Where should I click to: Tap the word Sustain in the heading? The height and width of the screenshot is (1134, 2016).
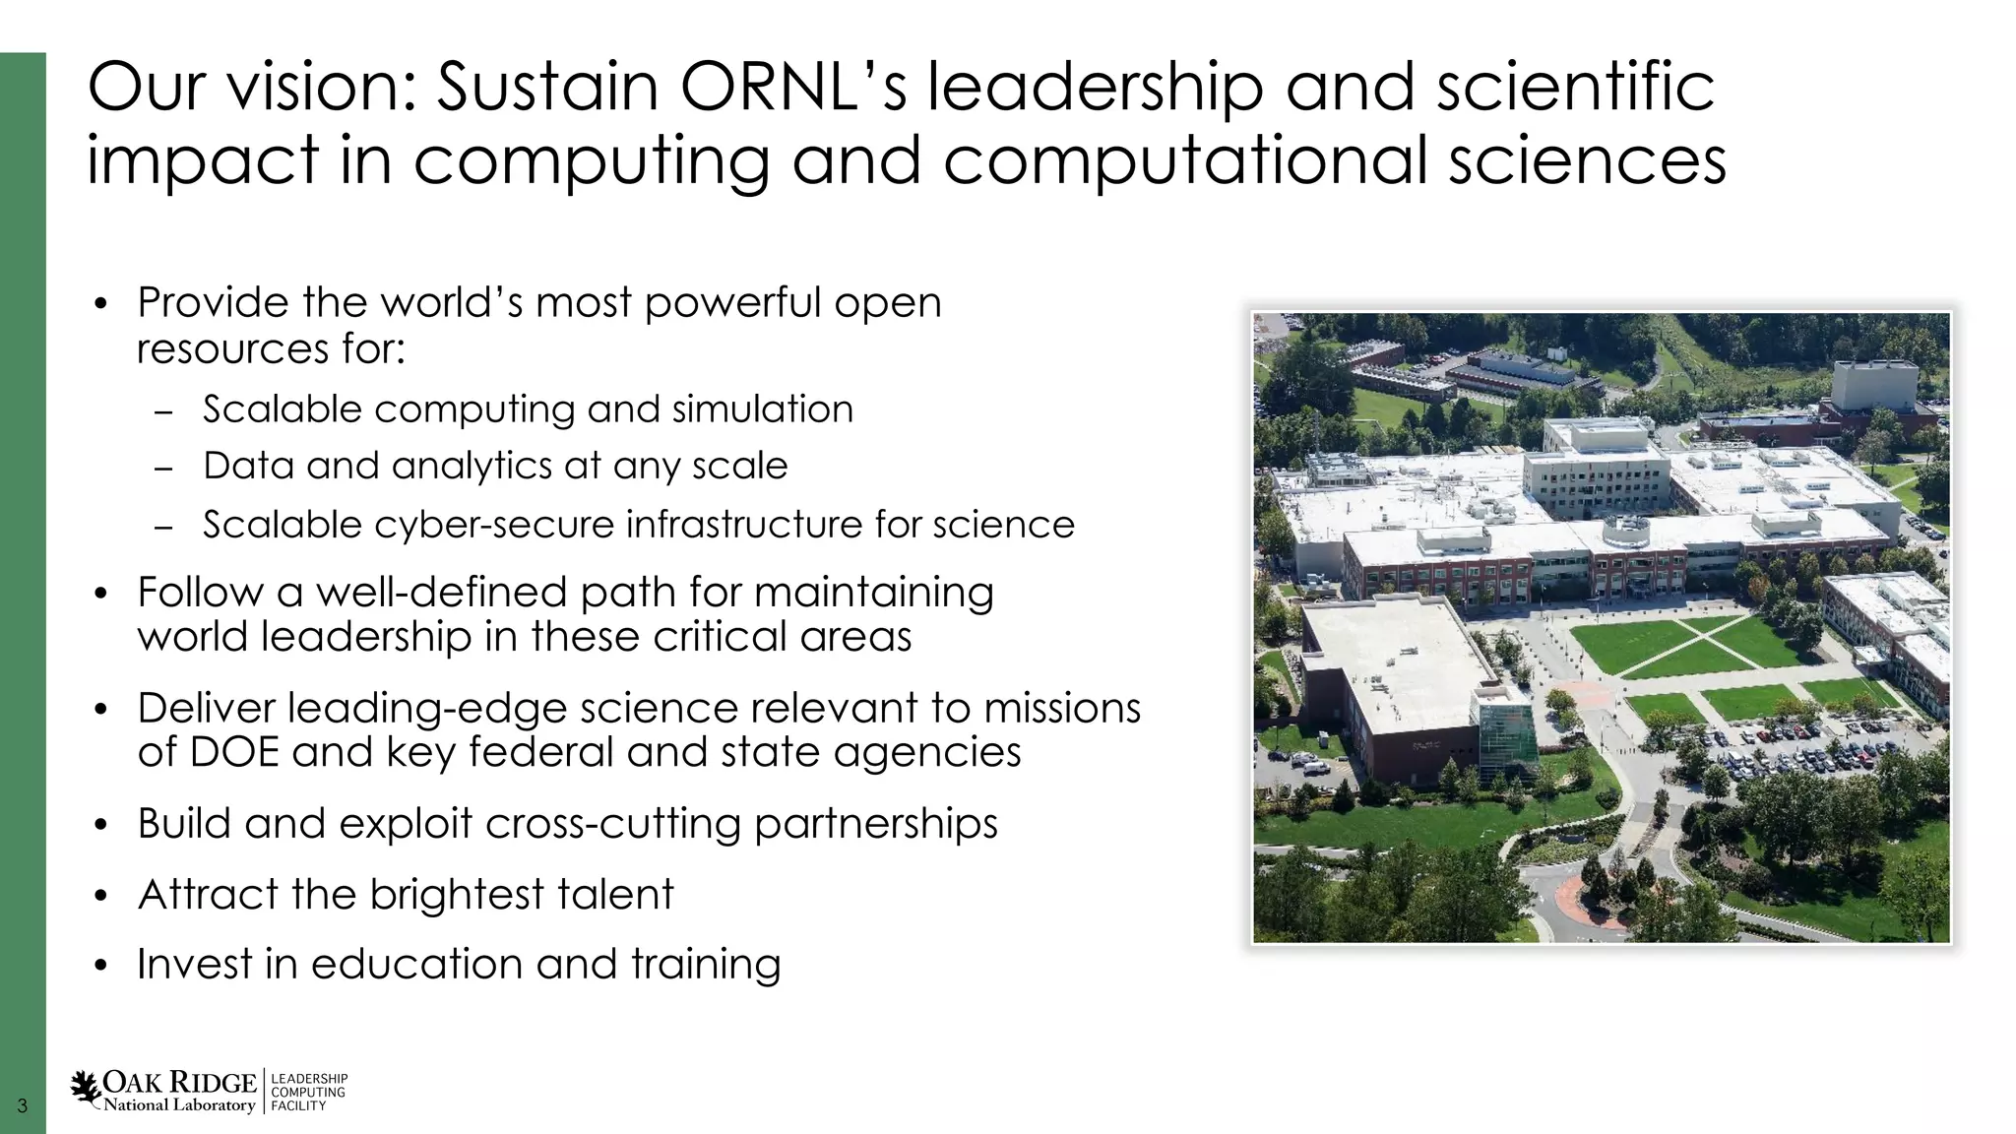[x=547, y=87]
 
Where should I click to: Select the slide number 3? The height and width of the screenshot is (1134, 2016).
[x=23, y=1106]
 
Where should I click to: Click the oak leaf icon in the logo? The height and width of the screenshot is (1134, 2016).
[x=87, y=1089]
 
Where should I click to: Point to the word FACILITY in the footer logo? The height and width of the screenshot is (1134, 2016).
[x=298, y=1106]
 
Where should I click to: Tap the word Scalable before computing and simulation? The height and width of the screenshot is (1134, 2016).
[x=282, y=409]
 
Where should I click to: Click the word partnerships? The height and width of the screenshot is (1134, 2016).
[x=875, y=824]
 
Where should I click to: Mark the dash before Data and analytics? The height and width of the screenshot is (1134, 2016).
[x=164, y=469]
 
